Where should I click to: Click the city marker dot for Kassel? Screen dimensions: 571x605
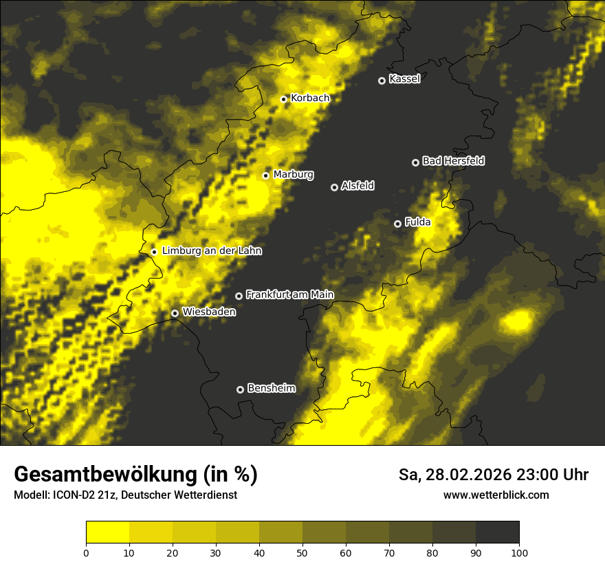tap(382, 80)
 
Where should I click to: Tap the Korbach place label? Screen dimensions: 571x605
tap(310, 98)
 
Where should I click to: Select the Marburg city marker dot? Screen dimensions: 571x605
tap(265, 175)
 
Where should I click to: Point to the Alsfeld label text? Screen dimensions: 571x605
tap(357, 186)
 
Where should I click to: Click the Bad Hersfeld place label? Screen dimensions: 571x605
tap(453, 161)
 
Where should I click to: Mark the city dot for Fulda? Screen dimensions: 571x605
tap(397, 224)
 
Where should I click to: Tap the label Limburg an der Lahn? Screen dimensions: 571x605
tap(212, 251)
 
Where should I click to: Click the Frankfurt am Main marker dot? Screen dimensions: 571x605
tap(239, 296)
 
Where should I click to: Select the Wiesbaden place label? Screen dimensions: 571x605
tap(209, 312)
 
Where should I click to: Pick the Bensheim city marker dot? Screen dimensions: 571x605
tap(240, 389)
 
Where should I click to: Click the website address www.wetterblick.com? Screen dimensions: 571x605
tap(496, 495)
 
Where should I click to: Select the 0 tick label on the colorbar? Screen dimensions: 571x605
tap(86, 552)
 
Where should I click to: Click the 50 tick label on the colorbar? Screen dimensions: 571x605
tap(302, 552)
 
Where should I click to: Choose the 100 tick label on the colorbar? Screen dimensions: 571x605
tap(519, 552)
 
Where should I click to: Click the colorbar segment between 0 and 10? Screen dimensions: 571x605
tap(107, 532)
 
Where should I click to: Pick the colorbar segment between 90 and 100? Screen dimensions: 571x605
tap(497, 532)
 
